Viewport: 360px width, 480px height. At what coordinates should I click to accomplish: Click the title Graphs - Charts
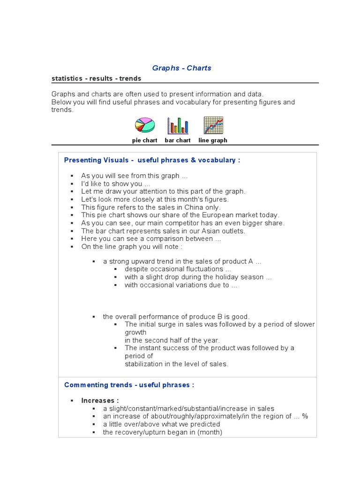click(x=182, y=68)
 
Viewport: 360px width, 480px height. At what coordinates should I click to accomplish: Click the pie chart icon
click(x=144, y=125)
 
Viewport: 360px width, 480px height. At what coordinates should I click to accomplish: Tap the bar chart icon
click(x=178, y=126)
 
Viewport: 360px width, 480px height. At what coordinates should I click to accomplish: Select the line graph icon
click(x=213, y=125)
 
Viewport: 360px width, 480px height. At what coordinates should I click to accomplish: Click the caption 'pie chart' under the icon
click(x=144, y=140)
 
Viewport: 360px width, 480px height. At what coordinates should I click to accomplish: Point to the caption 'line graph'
click(x=213, y=140)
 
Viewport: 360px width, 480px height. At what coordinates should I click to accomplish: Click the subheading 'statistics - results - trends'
click(x=96, y=78)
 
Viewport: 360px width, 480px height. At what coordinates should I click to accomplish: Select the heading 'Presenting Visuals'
click(x=96, y=160)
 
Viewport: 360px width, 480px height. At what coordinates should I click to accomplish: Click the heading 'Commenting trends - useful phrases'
click(x=129, y=385)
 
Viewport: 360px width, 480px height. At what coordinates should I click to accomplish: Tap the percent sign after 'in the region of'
click(x=305, y=416)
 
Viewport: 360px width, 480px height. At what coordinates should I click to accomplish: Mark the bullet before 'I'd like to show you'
click(x=72, y=184)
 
